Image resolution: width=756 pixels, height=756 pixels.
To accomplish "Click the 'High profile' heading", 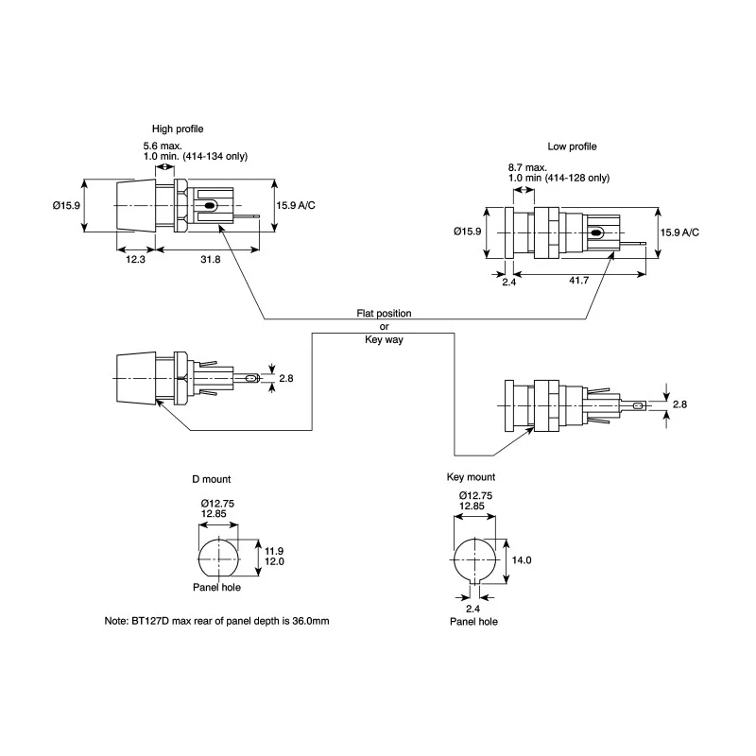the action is pos(178,129).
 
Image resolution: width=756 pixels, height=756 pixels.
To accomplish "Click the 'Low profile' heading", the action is pos(572,146).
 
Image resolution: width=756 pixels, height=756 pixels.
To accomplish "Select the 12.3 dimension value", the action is pos(135,259).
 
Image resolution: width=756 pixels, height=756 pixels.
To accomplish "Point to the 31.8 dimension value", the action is pos(210,259).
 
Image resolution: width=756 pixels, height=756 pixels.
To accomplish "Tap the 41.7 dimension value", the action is pos(578,280).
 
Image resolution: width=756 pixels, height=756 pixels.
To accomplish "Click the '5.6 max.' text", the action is pos(163,146).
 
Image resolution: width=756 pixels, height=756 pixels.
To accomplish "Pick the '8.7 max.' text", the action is pos(527,168).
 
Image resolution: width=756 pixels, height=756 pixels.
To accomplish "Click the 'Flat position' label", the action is pos(384,314).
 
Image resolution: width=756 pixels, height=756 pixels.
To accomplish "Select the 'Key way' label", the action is pos(384,339).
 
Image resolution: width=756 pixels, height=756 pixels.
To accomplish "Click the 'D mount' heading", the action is pos(211,479).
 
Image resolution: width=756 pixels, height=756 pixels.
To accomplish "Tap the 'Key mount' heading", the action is pos(471,477).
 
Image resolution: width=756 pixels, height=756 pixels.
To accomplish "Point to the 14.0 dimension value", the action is pos(522,559).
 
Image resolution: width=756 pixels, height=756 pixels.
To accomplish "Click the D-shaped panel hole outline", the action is pos(198,558).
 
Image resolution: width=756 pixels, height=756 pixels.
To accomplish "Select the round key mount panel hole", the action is pos(455,559).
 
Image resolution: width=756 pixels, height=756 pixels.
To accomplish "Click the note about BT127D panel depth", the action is pos(216,621).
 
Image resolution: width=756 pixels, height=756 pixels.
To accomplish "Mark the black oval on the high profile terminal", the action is pos(209,205).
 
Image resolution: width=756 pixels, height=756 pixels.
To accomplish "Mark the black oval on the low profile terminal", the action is pos(596,233).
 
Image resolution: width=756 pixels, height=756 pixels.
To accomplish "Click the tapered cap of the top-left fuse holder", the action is pos(136,206).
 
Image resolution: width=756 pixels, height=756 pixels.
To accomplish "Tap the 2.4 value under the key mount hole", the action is pos(472,609).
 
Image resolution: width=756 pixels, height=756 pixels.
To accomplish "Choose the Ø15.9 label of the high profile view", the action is pos(66,205).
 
